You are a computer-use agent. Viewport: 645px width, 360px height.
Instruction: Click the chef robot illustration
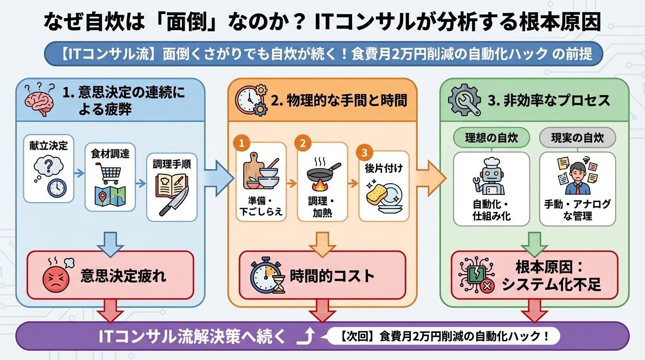coord(491,177)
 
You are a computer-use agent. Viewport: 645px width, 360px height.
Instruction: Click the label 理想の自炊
coord(491,138)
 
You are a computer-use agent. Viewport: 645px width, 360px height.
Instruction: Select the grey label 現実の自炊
coord(577,138)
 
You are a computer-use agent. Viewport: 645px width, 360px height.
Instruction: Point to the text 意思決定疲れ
coord(123,276)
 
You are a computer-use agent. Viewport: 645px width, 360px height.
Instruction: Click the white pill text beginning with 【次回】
coord(443,336)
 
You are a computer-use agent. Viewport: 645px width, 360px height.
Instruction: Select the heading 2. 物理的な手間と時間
coord(339,100)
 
